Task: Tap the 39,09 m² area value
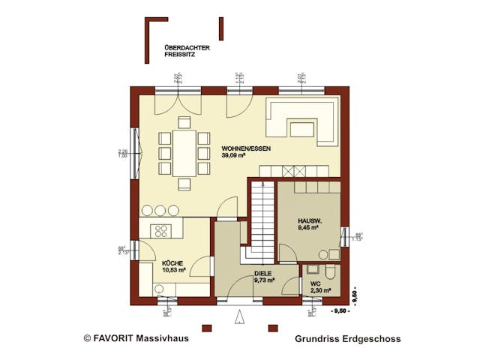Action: click(x=233, y=155)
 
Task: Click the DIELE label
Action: click(x=262, y=273)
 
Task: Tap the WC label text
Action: click(x=315, y=283)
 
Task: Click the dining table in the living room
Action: click(x=184, y=153)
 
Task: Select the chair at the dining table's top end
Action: click(x=184, y=122)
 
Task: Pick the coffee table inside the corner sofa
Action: click(x=301, y=129)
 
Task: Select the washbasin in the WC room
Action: click(x=310, y=268)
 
